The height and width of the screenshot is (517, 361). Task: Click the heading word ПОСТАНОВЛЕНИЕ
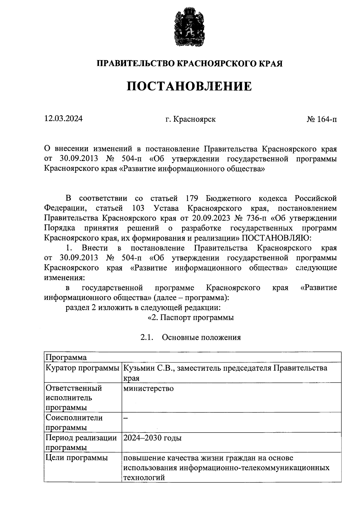(x=189, y=86)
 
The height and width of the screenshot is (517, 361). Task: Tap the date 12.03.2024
(x=63, y=119)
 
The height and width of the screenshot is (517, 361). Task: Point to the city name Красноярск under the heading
(x=194, y=119)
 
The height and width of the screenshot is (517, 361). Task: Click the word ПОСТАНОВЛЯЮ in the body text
(x=275, y=238)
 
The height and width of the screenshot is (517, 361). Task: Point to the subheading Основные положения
(x=201, y=337)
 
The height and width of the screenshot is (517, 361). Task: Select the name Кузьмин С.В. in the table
(x=148, y=368)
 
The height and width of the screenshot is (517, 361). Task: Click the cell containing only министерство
(x=149, y=388)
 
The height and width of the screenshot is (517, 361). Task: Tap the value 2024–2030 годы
(x=153, y=438)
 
